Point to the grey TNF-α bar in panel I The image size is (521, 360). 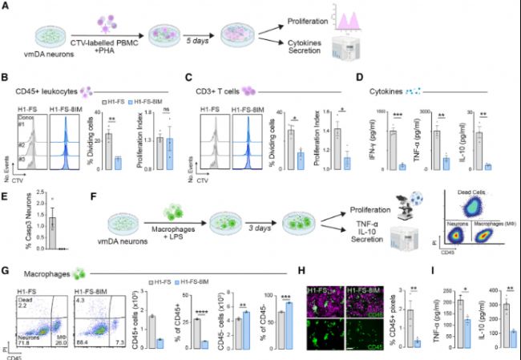coord(459,322)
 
